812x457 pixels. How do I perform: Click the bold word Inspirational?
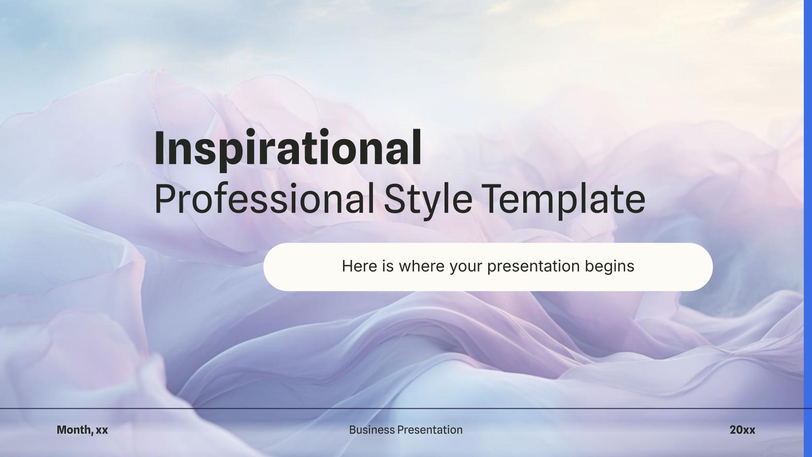[x=288, y=148]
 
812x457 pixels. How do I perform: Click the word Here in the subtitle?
[x=359, y=266]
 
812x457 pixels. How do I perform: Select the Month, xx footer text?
[x=82, y=430]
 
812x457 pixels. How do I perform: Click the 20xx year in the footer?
[x=742, y=430]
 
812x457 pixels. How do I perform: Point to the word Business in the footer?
[x=371, y=430]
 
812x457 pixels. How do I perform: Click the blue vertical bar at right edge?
[x=808, y=228]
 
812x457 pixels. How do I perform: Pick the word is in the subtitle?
[x=388, y=266]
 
